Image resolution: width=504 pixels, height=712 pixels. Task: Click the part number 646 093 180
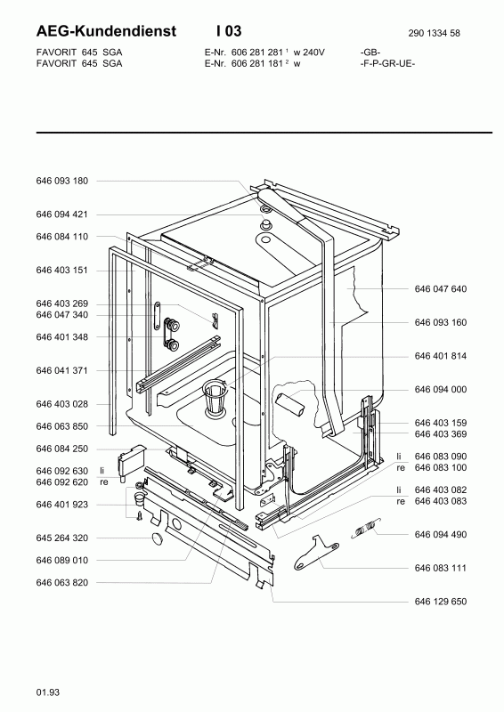(61, 181)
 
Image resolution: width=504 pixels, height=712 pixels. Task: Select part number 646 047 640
(441, 288)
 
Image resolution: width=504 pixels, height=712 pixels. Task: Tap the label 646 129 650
(441, 602)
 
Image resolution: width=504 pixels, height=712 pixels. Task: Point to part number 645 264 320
(61, 538)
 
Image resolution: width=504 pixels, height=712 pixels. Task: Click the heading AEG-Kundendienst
(106, 31)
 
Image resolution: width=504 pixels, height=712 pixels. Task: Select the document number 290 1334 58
(434, 33)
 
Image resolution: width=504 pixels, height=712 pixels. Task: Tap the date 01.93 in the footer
(48, 692)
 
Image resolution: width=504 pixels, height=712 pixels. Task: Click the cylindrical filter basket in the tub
(215, 398)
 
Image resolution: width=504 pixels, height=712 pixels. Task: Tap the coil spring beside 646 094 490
(365, 528)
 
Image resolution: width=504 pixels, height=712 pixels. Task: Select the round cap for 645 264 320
(158, 538)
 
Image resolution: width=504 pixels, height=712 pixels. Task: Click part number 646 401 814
(441, 356)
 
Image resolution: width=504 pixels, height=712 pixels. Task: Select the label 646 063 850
(61, 426)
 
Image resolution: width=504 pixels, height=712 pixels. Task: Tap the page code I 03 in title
(229, 31)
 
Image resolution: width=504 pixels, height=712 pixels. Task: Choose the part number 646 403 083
(441, 501)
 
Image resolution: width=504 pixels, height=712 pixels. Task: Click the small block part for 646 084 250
(130, 460)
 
